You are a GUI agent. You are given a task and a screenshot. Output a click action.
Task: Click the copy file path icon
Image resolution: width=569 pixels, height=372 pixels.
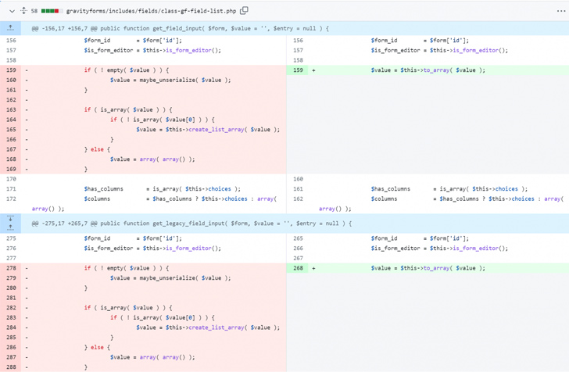[x=244, y=10]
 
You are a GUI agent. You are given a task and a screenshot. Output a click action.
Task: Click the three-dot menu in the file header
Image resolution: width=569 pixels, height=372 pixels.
[x=561, y=11]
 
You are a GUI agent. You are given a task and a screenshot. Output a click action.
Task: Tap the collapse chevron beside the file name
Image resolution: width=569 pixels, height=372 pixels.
[x=12, y=11]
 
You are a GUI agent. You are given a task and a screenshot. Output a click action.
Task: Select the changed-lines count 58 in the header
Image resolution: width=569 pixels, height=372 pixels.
[x=34, y=11]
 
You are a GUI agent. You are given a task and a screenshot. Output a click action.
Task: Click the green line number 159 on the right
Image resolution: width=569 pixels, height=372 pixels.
[x=298, y=70]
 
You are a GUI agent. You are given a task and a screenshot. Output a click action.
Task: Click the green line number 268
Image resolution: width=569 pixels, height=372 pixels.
[x=298, y=268]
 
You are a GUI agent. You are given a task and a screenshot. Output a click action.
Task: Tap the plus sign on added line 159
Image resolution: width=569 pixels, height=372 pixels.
[x=313, y=70]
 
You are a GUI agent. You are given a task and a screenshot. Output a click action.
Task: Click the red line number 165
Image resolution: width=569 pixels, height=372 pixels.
[x=11, y=130]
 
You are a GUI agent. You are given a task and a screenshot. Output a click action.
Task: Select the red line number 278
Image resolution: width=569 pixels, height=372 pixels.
[x=11, y=268]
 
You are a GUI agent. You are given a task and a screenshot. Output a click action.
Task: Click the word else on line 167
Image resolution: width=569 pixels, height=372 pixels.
[x=97, y=149]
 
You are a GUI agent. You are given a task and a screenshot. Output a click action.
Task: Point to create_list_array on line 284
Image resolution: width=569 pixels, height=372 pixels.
[x=217, y=327]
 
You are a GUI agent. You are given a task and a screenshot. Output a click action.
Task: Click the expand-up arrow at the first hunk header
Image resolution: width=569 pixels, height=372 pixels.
[x=10, y=28]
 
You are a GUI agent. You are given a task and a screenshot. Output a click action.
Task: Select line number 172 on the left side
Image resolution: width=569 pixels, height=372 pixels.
[x=11, y=199]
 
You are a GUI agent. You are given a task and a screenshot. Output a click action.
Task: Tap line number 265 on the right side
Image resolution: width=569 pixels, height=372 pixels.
[x=298, y=238]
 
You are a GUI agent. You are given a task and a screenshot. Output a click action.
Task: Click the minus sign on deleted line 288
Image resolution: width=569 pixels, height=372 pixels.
[x=27, y=367]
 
